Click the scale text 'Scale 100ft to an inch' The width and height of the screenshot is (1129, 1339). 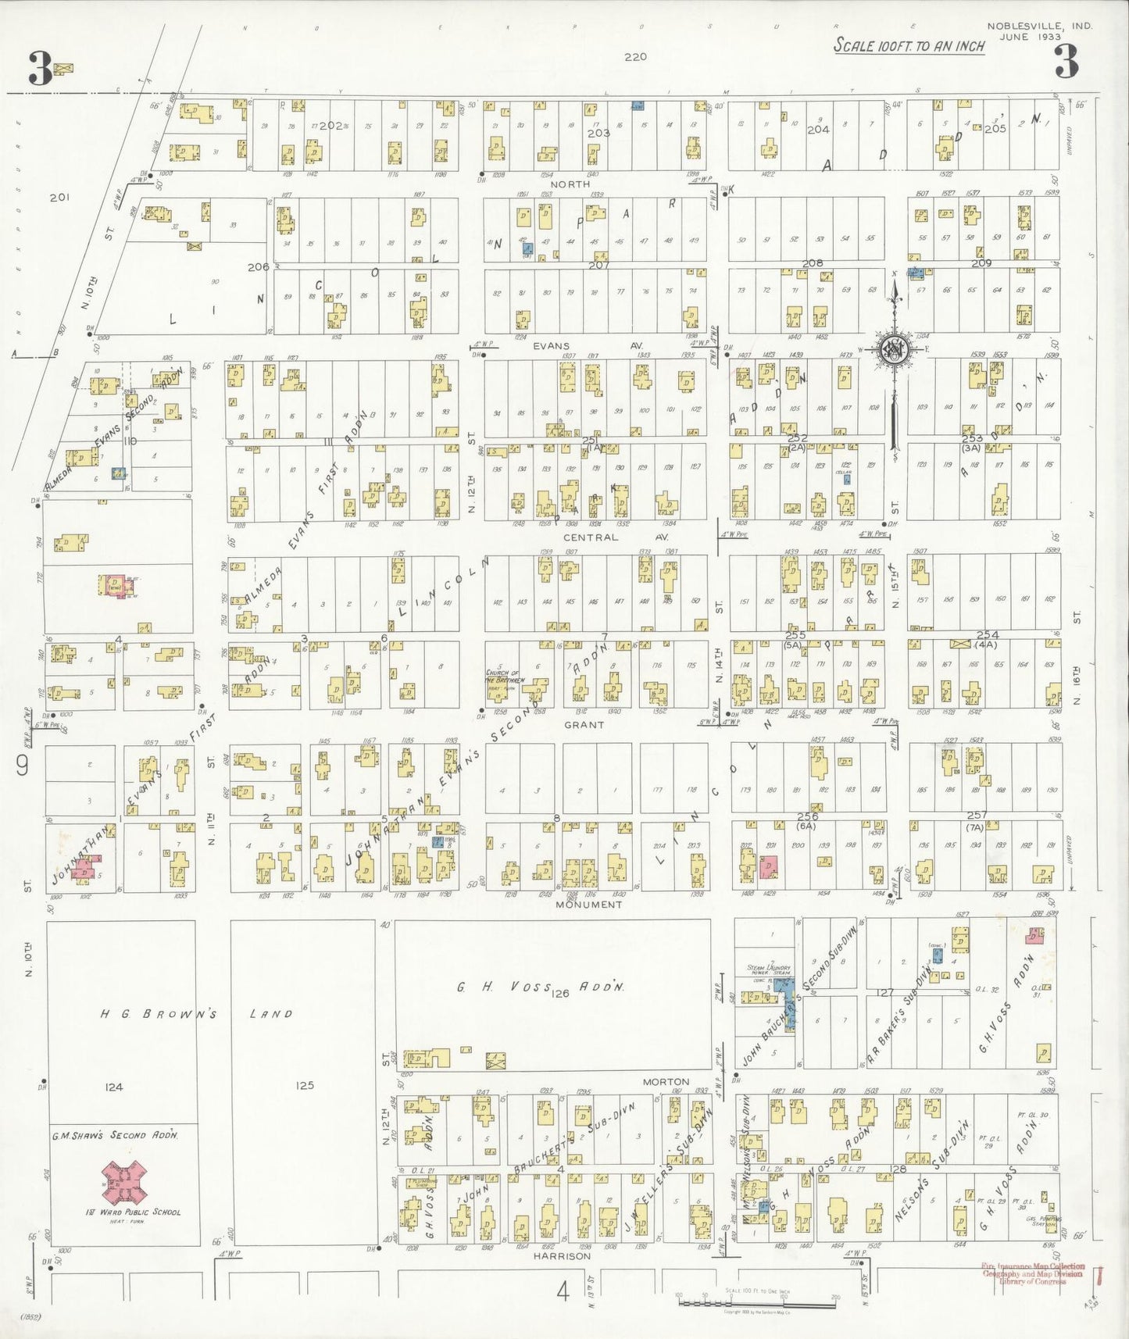click(909, 45)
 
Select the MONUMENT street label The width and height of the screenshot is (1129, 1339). click(588, 904)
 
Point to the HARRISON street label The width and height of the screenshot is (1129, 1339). click(562, 1256)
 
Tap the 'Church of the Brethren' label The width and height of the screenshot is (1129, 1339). click(508, 676)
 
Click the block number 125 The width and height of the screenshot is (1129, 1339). click(304, 1085)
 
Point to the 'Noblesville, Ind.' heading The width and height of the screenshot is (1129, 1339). click(1039, 26)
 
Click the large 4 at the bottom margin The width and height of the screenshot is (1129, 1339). click(563, 1293)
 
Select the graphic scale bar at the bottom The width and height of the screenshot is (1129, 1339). click(756, 1302)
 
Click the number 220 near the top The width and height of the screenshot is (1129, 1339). click(635, 56)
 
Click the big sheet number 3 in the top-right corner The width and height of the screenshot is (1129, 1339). click(1066, 62)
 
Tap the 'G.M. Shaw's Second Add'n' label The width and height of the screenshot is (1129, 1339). click(114, 1135)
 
